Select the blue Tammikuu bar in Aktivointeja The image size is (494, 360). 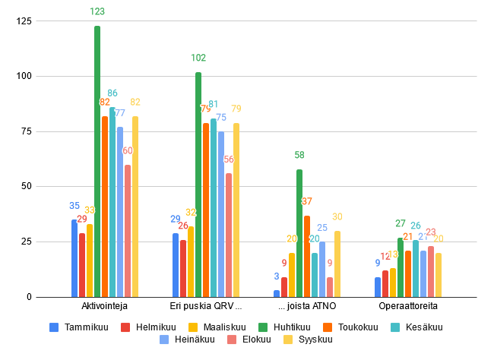(x=74, y=258)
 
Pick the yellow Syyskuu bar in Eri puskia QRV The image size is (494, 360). (x=236, y=210)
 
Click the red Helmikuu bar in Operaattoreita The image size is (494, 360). (x=385, y=283)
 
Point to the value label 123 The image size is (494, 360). (x=97, y=11)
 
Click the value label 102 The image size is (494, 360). (x=198, y=58)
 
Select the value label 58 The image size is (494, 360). (x=299, y=155)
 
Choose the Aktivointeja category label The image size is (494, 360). (x=104, y=306)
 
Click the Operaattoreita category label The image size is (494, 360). (x=408, y=306)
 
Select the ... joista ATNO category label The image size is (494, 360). (x=307, y=306)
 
